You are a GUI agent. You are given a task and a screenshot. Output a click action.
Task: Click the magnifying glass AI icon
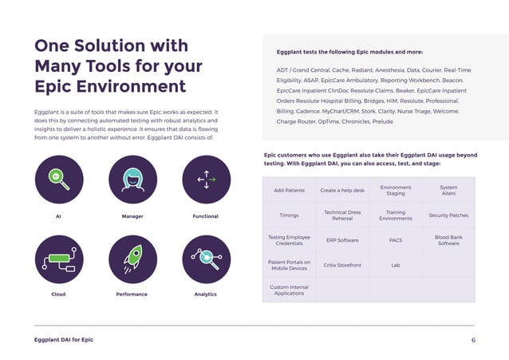(59, 179)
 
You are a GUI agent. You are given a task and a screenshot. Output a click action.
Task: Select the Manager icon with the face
(132, 179)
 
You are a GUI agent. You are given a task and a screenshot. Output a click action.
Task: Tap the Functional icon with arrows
(206, 179)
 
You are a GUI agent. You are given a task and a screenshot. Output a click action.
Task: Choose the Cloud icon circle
(59, 259)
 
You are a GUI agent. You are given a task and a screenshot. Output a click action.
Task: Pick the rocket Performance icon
(132, 259)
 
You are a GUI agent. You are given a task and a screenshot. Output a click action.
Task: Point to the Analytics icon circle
(206, 259)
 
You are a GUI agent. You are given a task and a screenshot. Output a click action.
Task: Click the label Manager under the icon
(132, 216)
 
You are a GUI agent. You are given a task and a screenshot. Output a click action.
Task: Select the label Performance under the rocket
(132, 295)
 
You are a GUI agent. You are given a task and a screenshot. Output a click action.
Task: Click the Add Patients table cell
(289, 191)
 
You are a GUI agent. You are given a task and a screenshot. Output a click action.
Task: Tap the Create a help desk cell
(342, 191)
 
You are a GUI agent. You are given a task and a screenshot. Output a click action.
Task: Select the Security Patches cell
(448, 216)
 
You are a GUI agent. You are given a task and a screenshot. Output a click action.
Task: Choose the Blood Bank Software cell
(448, 239)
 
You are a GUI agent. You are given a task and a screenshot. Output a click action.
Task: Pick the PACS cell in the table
(396, 239)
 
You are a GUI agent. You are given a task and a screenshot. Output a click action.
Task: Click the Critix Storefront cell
(342, 265)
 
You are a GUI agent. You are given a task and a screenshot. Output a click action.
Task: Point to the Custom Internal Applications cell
(289, 290)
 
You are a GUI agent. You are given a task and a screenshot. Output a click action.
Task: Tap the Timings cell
(289, 216)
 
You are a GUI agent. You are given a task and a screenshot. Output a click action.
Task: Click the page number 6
(473, 340)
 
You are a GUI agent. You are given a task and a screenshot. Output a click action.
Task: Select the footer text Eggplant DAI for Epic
(64, 340)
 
